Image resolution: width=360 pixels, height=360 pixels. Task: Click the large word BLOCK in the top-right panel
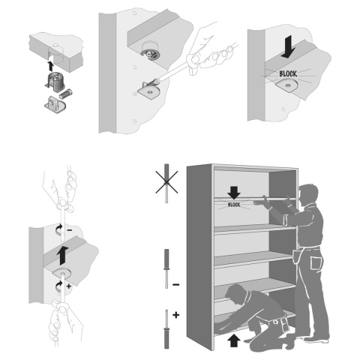tap(288, 73)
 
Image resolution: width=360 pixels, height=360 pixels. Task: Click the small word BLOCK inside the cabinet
tap(234, 205)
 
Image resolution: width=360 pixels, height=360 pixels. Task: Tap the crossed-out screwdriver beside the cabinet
tap(166, 183)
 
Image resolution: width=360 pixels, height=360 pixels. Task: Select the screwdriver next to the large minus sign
tap(166, 268)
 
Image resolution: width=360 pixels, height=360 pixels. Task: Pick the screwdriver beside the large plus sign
tap(166, 328)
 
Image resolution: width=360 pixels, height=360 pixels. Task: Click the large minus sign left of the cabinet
tap(176, 284)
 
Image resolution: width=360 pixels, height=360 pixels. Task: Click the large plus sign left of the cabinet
tap(176, 315)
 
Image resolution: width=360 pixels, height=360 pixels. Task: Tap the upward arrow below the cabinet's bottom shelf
tap(234, 340)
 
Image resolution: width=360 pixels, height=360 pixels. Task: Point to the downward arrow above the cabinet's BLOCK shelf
tap(234, 193)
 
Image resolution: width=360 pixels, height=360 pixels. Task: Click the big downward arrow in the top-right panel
tap(289, 47)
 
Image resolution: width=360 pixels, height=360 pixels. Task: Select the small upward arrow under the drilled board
tap(51, 66)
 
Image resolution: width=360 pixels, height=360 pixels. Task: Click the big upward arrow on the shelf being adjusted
tap(62, 255)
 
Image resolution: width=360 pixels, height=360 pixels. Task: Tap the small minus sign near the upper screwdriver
tap(70, 229)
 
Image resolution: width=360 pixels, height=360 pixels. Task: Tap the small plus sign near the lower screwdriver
tap(69, 286)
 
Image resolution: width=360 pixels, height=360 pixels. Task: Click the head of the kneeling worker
tap(235, 293)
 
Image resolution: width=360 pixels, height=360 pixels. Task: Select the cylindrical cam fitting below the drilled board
tap(55, 80)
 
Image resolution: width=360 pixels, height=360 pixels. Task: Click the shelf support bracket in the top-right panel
tap(286, 85)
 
